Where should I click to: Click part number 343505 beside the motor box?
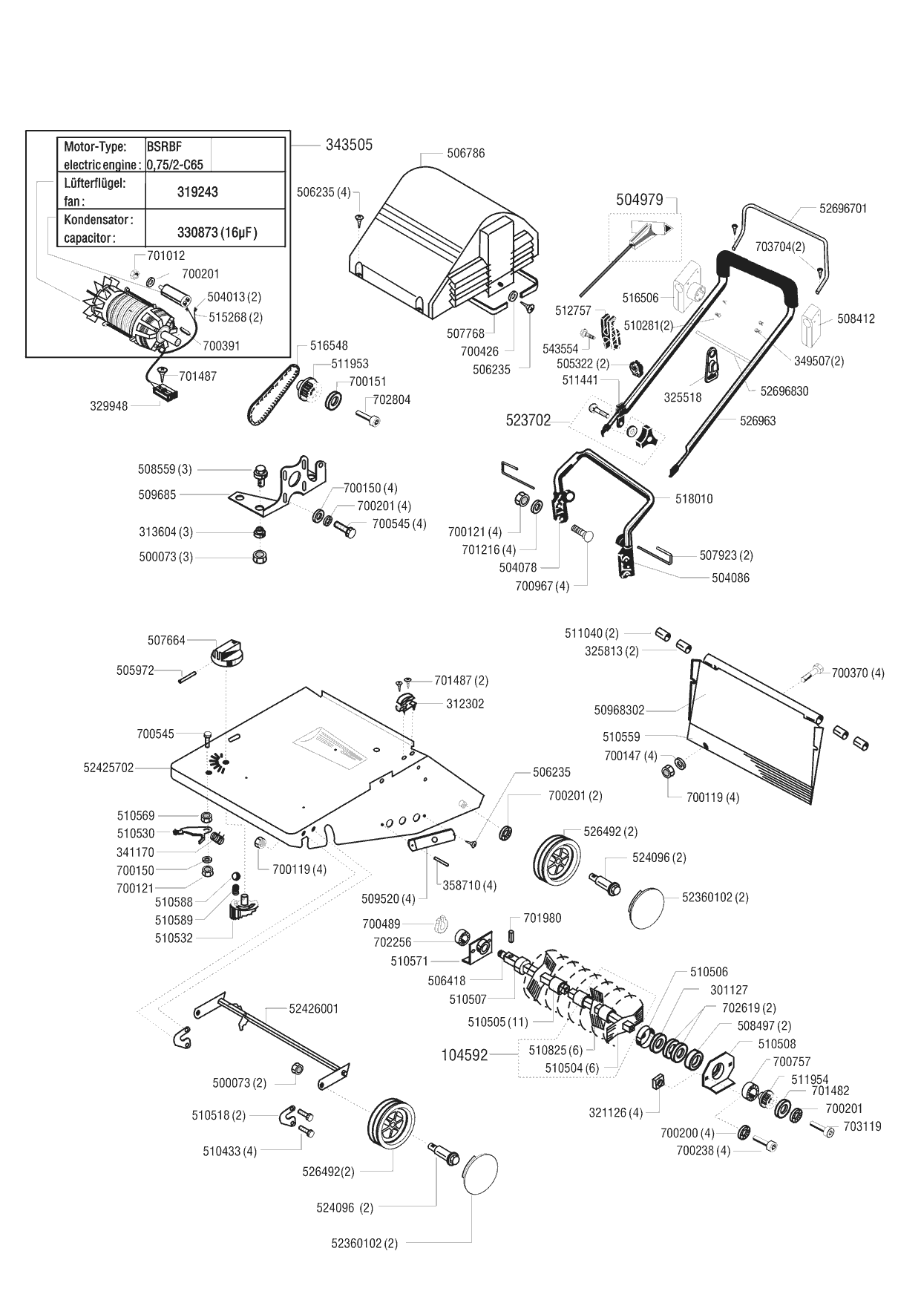(349, 145)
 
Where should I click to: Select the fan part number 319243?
(197, 192)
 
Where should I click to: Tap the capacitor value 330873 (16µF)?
(217, 232)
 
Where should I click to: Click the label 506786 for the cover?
(465, 153)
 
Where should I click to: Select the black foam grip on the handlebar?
(758, 271)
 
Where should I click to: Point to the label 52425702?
(108, 768)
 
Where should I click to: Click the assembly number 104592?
(465, 1054)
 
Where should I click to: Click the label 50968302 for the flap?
(619, 711)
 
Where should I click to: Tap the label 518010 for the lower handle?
(693, 499)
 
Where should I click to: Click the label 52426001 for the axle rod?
(313, 1008)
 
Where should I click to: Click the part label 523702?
(528, 421)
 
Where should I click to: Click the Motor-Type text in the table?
(95, 147)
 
